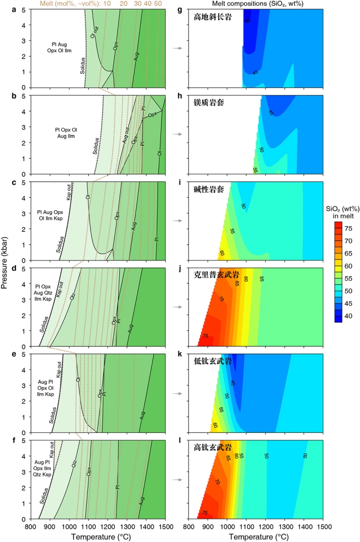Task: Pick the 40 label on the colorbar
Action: pos(347,316)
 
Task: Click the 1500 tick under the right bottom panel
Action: pos(325,527)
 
